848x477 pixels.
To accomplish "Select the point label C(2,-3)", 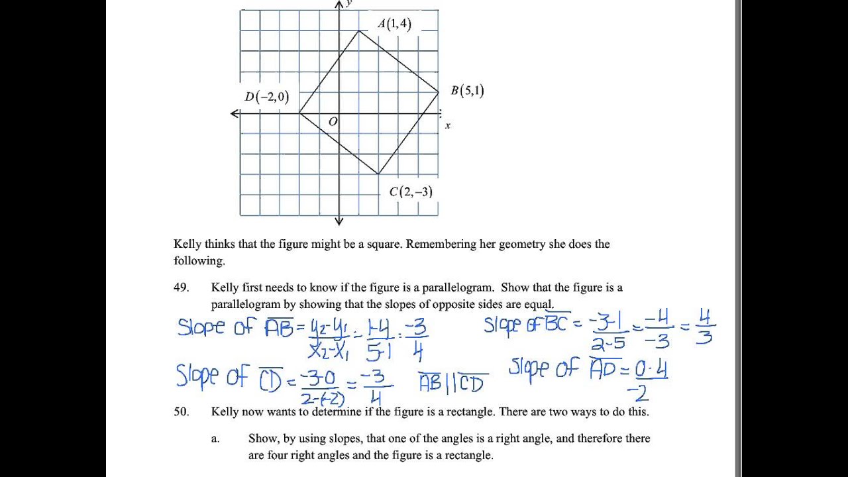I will click(411, 192).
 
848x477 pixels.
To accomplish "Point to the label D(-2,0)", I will click(267, 97).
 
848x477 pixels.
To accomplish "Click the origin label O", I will click(333, 122).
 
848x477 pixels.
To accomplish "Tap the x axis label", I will click(448, 126).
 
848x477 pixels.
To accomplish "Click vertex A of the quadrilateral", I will click(358, 30).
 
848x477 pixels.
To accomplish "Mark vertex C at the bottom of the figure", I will click(378, 174).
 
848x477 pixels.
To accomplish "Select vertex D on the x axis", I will click(299, 113).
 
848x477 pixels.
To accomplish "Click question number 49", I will click(182, 288).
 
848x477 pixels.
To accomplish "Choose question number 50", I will click(182, 411).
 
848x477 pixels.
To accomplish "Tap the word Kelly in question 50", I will click(225, 411).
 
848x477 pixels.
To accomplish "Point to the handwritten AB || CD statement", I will click(453, 382).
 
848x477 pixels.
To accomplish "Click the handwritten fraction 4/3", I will click(704, 331).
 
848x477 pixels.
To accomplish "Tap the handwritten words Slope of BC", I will click(526, 325).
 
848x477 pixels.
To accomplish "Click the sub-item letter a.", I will click(215, 438).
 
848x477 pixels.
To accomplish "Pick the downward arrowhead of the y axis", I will click(339, 221).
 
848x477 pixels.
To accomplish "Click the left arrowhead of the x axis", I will click(235, 114).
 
